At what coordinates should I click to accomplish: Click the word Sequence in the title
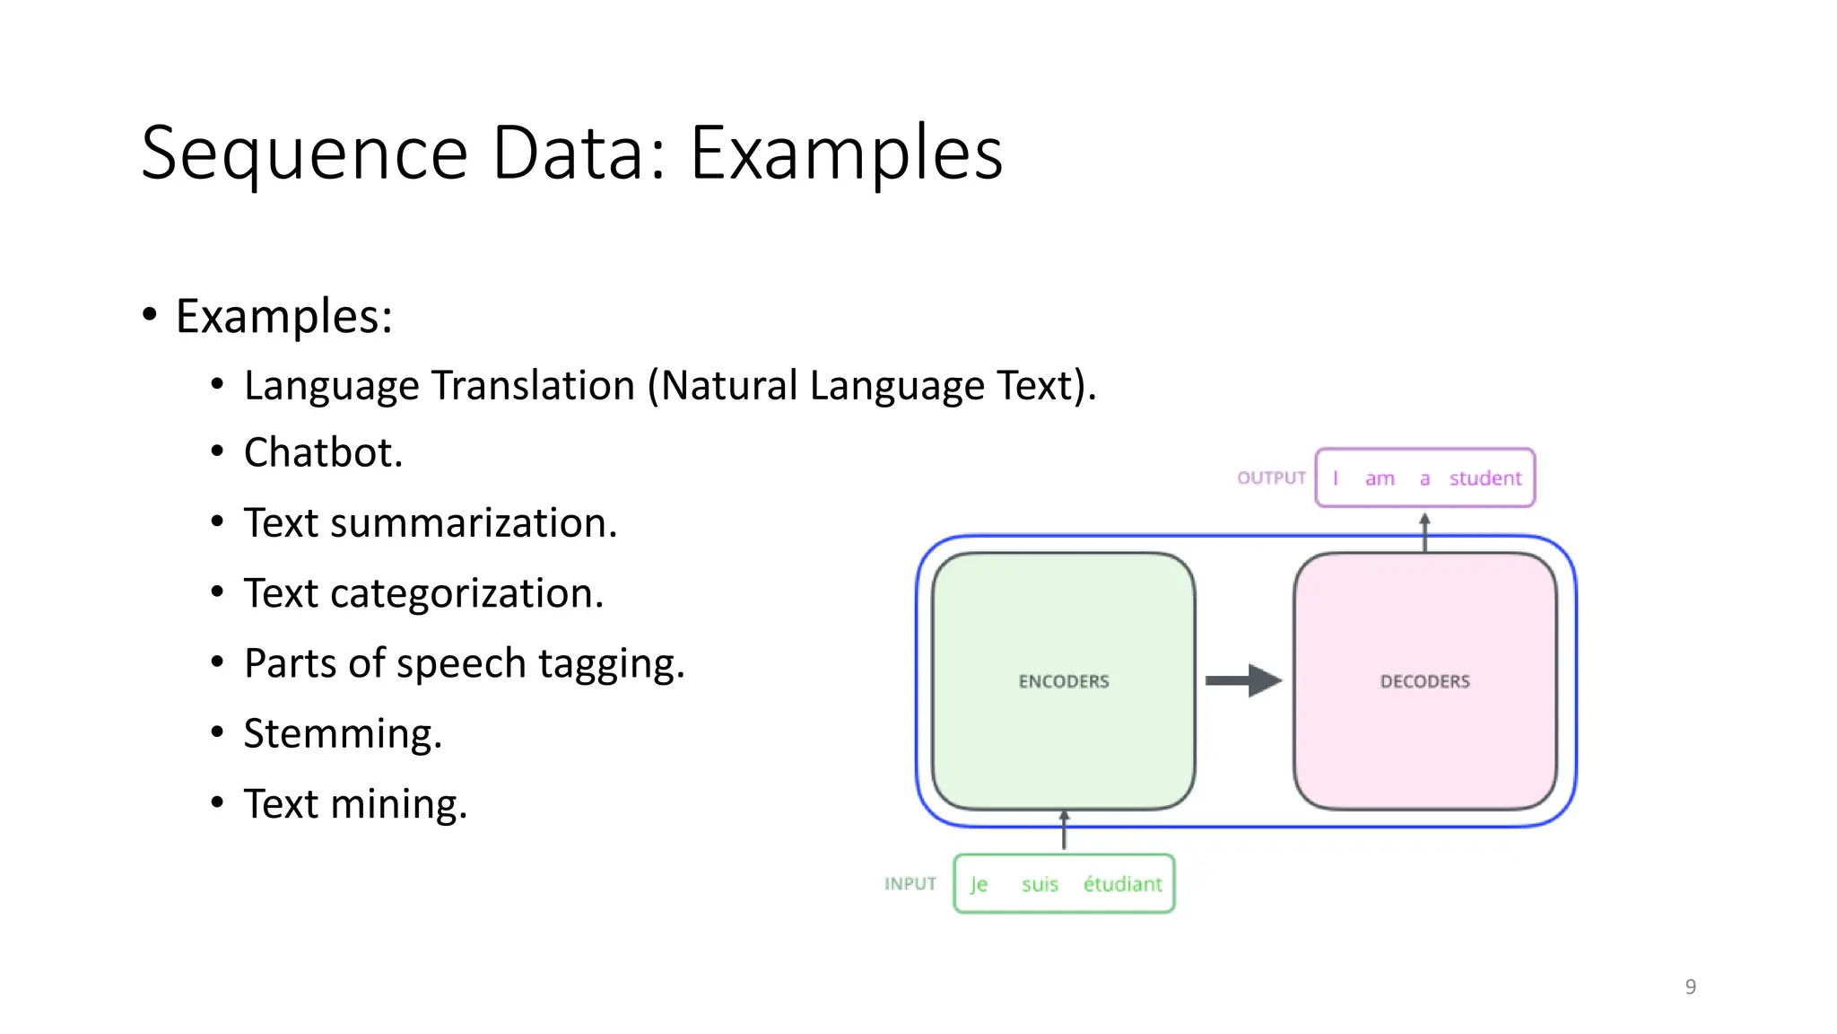tap(305, 154)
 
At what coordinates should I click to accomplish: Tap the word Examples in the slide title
tap(846, 154)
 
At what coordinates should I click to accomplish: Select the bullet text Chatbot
tap(323, 452)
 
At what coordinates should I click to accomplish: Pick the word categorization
tap(466, 593)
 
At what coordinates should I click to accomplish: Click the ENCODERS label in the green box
tap(1064, 681)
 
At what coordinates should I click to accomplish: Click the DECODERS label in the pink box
tap(1424, 681)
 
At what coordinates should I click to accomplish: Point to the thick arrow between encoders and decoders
tap(1243, 680)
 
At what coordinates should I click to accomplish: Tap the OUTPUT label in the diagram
tap(1271, 478)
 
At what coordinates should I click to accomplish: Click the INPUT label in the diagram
tap(910, 884)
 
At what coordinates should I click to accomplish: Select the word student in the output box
tap(1485, 478)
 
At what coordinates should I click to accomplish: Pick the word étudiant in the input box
tap(1122, 884)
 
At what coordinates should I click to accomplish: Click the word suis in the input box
tap(1040, 884)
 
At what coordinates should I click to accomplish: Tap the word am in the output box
tap(1380, 478)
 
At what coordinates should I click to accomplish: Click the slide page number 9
tap(1690, 986)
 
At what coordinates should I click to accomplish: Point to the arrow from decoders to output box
tap(1424, 531)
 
